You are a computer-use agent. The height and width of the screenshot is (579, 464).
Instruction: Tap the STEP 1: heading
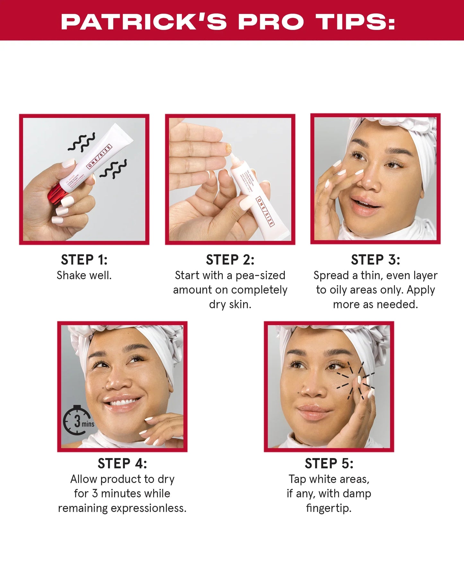pos(84,260)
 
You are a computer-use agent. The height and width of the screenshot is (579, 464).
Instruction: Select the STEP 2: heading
pos(230,260)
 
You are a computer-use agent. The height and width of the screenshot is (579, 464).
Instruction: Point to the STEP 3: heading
pos(375,260)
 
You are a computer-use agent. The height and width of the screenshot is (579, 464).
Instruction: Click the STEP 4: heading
pos(122,463)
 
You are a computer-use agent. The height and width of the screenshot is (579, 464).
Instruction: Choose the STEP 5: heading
pos(329,463)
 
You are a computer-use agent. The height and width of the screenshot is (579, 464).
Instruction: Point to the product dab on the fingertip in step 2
pos(229,148)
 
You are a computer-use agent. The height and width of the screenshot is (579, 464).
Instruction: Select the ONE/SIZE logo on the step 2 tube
pos(265,212)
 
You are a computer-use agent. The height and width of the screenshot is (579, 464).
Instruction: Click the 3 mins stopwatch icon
pos(77,420)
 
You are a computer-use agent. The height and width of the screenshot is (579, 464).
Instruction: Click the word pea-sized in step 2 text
pos(260,275)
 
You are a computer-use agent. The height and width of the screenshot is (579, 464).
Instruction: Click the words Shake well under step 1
pos(84,275)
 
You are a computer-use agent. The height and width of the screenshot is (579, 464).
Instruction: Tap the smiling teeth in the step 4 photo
pos(122,402)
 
